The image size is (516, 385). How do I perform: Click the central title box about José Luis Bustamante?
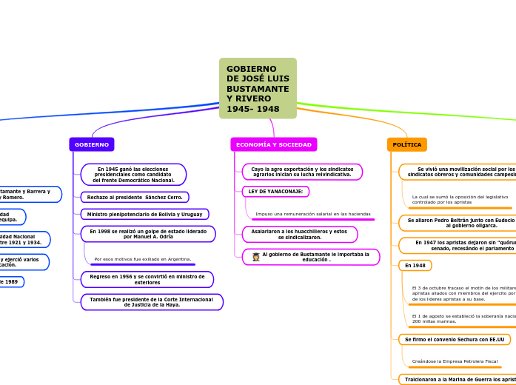point(258,89)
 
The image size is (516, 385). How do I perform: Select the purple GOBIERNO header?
point(92,144)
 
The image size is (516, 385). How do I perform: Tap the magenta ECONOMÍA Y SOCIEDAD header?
point(273,144)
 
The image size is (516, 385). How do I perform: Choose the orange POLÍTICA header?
point(407,144)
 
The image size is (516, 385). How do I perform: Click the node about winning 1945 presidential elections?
point(133,175)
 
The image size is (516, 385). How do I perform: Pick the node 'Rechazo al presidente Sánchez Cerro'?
point(135,198)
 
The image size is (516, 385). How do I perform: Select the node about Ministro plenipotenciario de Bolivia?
point(144,214)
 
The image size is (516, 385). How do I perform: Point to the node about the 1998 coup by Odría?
point(148,234)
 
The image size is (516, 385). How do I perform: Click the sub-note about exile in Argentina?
point(143,259)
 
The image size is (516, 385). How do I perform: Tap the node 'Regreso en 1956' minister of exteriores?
point(147,279)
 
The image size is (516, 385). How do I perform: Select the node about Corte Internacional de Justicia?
point(151,302)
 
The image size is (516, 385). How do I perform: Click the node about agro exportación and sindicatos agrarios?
point(301,172)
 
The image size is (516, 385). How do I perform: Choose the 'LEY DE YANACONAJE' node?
point(275,191)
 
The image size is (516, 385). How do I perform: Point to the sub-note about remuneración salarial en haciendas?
point(312,214)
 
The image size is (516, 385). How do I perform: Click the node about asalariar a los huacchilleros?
point(299,234)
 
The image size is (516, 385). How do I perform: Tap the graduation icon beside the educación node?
point(256,257)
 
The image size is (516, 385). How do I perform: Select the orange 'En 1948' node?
point(415,265)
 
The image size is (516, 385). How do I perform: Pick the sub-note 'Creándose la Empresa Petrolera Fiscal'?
point(455,361)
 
